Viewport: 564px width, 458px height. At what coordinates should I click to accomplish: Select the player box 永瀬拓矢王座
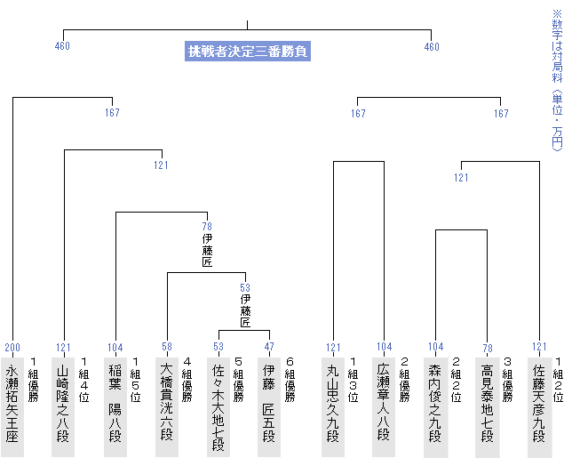(12, 405)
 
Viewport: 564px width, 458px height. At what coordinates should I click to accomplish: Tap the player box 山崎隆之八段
(64, 405)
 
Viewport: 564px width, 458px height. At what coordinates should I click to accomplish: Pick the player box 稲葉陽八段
(115, 405)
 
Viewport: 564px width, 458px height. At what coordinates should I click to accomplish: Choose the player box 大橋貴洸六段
(167, 405)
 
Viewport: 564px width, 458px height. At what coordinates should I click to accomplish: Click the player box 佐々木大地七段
(218, 405)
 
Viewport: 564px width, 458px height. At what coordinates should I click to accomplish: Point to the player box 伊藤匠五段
(270, 405)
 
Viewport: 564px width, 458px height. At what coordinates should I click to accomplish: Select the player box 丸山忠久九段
(333, 405)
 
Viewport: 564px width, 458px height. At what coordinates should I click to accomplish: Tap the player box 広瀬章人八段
(384, 405)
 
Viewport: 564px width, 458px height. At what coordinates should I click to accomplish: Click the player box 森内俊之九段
(435, 405)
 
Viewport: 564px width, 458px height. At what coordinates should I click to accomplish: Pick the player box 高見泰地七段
(487, 405)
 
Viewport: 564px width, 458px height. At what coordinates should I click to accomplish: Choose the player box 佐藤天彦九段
(539, 405)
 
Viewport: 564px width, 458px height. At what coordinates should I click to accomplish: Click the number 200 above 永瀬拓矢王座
(12, 347)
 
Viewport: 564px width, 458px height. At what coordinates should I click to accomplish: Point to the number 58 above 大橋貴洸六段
(167, 347)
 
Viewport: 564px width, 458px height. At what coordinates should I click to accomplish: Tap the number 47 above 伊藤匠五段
(270, 347)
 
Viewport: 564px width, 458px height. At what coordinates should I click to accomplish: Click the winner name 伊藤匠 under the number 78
(207, 251)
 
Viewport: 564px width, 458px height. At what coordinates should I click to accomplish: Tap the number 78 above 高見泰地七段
(487, 347)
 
